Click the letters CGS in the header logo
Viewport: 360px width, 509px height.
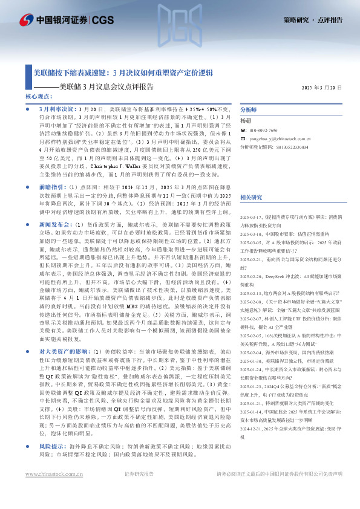[x=103, y=19]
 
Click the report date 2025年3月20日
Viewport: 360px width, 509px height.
[x=321, y=88]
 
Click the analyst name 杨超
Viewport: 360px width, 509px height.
[x=246, y=121]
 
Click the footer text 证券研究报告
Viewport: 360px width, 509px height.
[x=140, y=490]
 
